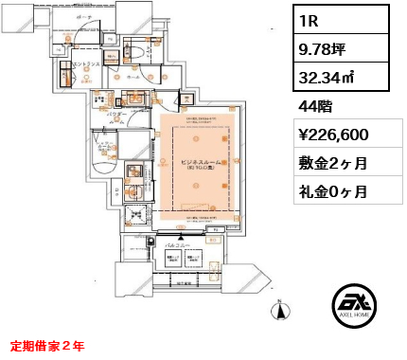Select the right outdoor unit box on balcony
[193, 259]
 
